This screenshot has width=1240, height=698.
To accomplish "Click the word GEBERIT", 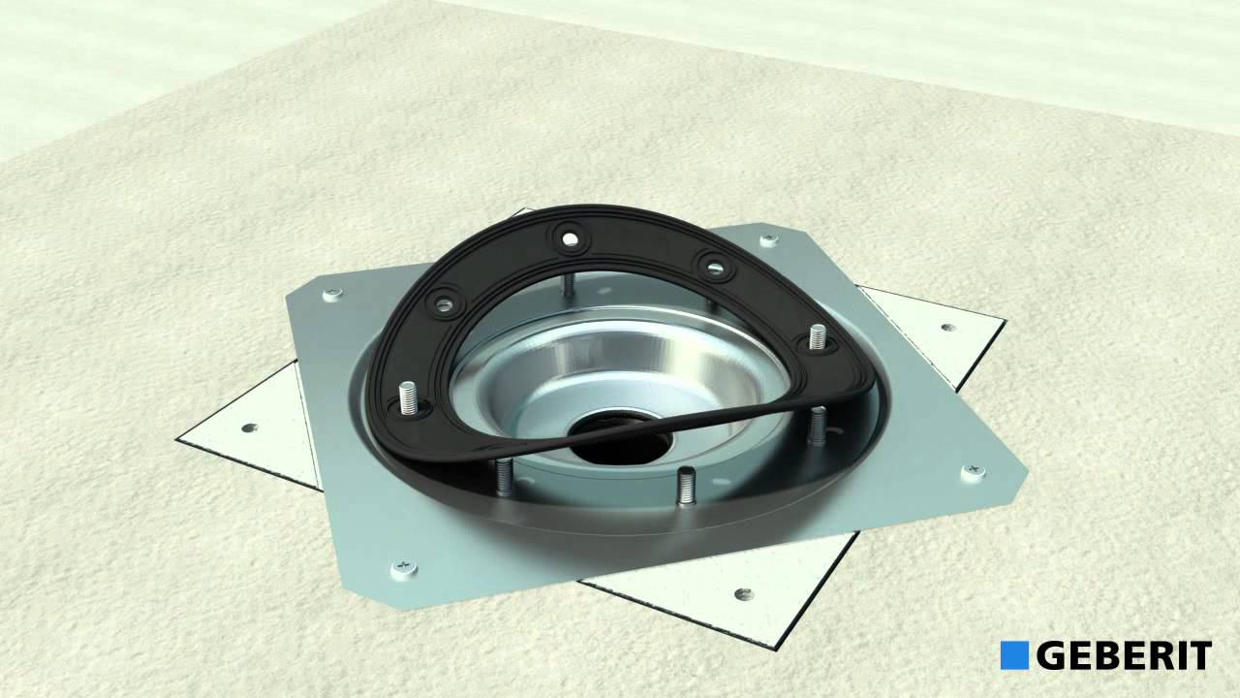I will [x=1124, y=655].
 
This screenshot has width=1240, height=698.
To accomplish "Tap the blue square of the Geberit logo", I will [x=1014, y=654].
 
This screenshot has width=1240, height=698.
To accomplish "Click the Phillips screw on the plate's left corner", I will [x=331, y=293].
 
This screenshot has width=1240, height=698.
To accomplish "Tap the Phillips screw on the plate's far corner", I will [x=768, y=239].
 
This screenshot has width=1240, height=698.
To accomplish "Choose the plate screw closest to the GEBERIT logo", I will [x=972, y=471].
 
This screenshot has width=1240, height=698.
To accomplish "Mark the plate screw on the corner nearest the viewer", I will [x=401, y=567].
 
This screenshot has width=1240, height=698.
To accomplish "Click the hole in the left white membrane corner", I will [x=249, y=428].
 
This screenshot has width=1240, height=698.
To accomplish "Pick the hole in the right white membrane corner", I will [x=946, y=327].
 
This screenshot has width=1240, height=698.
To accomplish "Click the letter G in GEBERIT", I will [x=1052, y=655].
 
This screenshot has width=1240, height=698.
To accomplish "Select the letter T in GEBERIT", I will [x=1199, y=655].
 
